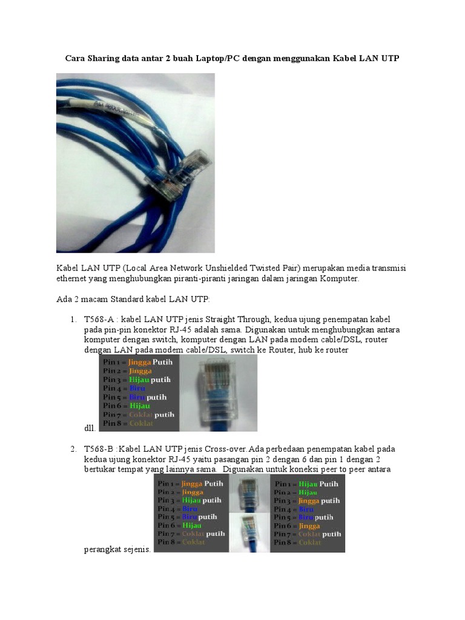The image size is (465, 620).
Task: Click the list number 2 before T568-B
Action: tap(73, 449)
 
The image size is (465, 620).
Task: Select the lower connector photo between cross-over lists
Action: tap(249, 532)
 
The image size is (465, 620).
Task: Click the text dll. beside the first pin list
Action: tap(90, 428)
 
